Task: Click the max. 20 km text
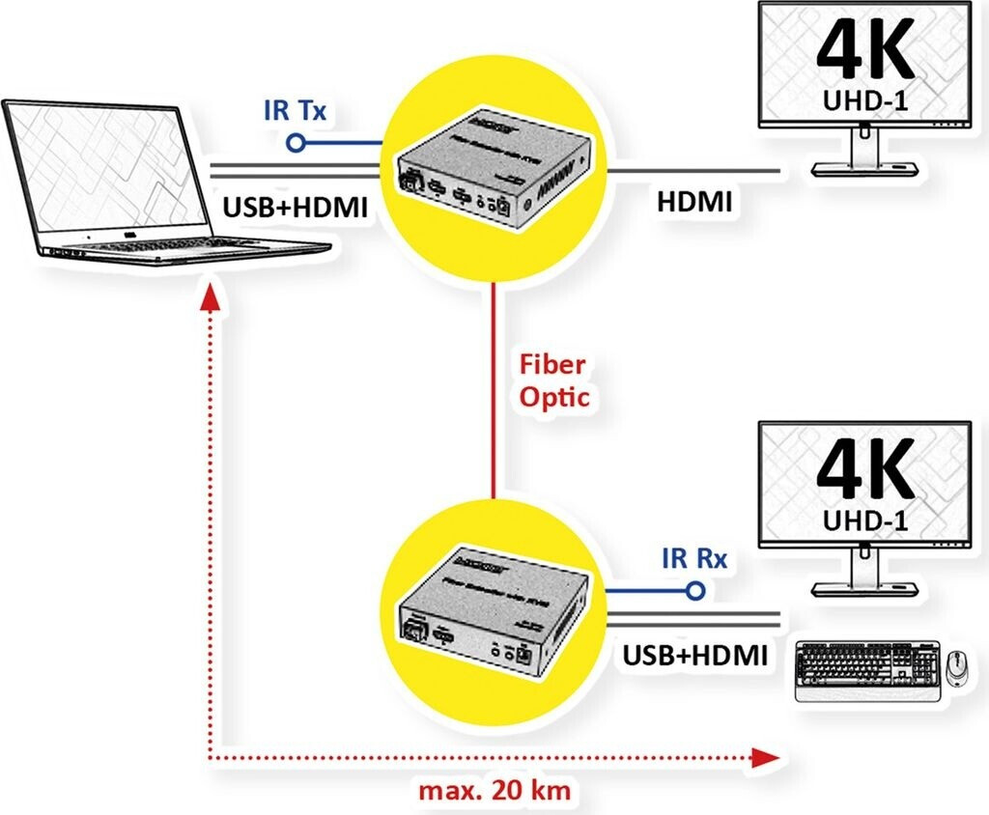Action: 494,791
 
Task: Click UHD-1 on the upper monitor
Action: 864,100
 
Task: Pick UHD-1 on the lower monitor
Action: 864,520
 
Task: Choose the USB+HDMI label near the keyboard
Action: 695,656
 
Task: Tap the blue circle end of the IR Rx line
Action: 692,591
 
